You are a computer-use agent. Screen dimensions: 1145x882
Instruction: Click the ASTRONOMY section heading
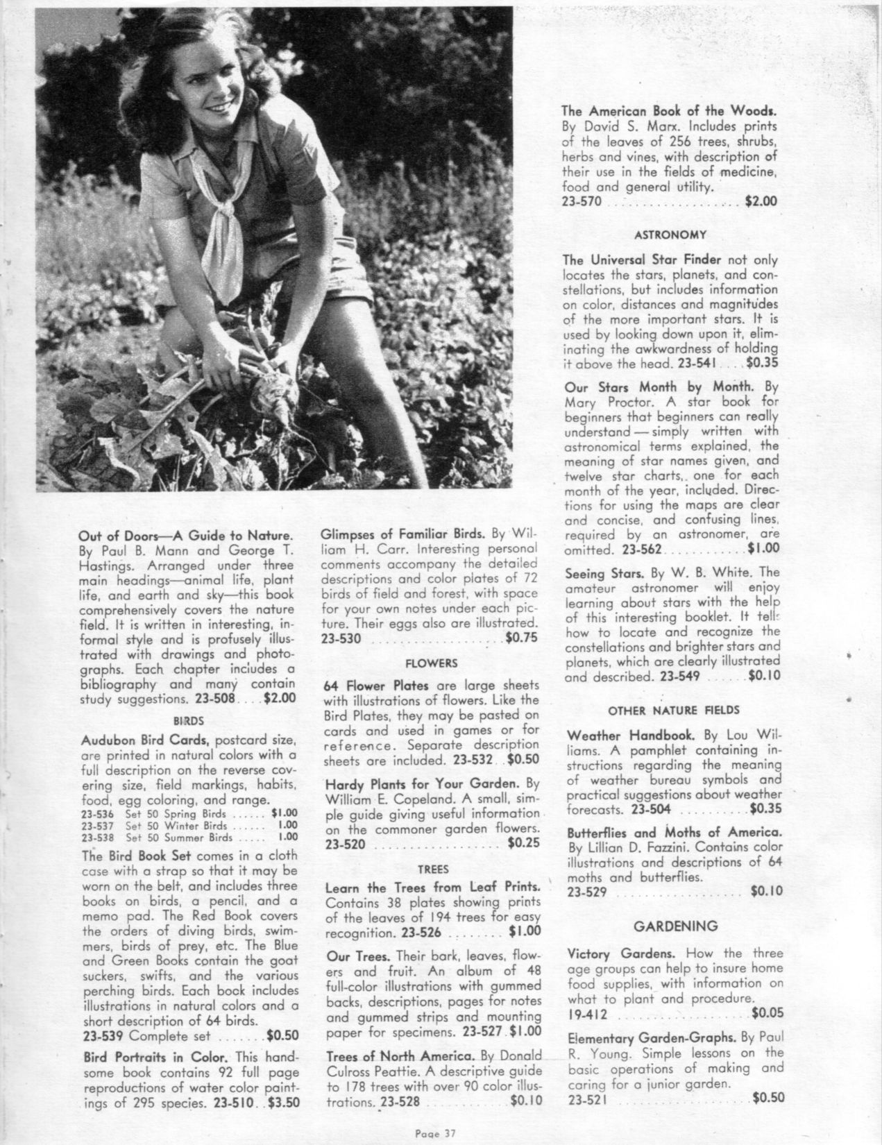pos(670,235)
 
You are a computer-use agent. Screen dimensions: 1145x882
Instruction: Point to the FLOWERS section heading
pos(431,663)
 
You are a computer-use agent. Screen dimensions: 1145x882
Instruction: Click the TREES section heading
pos(432,869)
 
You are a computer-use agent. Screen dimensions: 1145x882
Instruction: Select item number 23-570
pos(585,202)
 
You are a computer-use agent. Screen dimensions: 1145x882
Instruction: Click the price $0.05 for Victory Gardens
pos(767,1014)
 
